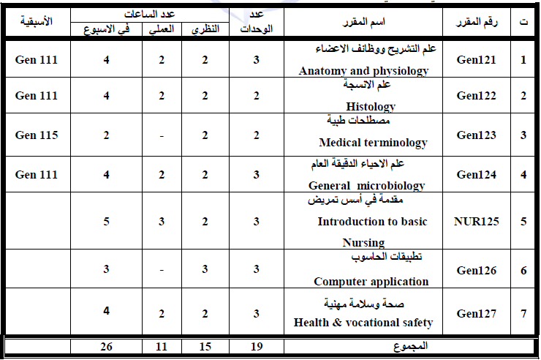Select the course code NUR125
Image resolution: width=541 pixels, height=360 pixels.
point(476,221)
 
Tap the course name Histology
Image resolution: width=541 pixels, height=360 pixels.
point(371,105)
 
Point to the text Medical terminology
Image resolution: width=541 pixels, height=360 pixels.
point(373,143)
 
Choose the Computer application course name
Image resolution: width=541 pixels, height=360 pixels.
point(371,281)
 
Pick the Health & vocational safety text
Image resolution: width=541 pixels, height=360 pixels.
point(363,322)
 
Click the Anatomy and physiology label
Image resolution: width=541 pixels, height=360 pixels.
point(363,71)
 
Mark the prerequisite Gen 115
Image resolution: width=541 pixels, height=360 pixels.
point(36,135)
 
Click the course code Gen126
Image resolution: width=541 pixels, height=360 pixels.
point(476,271)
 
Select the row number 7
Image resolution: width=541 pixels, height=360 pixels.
point(523,314)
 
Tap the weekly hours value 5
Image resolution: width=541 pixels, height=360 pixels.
point(107,221)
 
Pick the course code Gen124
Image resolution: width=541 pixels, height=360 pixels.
point(476,175)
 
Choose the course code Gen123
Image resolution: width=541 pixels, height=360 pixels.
point(476,135)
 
